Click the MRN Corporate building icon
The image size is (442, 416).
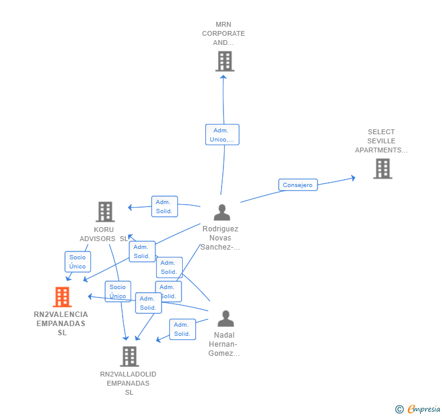click(x=225, y=61)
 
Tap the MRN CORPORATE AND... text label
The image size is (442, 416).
click(x=223, y=33)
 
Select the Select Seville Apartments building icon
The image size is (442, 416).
click(x=382, y=169)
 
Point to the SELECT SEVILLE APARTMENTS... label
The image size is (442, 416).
click(x=381, y=141)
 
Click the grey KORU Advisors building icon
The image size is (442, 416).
click(x=105, y=212)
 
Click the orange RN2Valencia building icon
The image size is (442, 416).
click(x=62, y=297)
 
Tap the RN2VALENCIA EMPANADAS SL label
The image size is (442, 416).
click(x=61, y=323)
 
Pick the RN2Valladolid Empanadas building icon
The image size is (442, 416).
click(x=129, y=356)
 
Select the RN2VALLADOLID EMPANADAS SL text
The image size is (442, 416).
click(x=128, y=383)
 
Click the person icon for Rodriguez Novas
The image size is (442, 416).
click(x=222, y=213)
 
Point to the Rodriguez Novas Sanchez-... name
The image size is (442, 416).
click(x=220, y=238)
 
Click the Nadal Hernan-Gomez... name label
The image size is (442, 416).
click(x=224, y=344)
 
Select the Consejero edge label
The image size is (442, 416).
click(x=297, y=185)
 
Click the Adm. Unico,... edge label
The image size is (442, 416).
click(x=222, y=135)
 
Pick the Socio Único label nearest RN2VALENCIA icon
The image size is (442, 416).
click(x=77, y=262)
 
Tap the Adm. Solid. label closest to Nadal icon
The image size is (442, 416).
click(x=182, y=329)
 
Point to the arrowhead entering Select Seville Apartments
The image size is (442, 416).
click(x=353, y=178)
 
